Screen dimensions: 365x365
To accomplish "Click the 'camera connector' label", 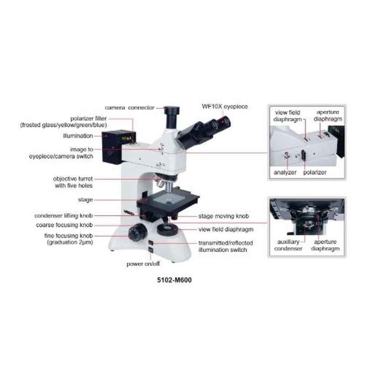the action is tap(130, 108).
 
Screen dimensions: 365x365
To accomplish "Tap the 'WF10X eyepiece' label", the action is tap(224, 107).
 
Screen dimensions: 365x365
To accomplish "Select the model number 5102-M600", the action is tap(174, 280).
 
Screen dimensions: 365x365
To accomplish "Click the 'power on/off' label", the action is tap(143, 264).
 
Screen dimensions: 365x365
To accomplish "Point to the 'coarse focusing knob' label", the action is tap(64, 225).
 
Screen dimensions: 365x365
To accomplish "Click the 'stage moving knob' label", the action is tap(224, 216).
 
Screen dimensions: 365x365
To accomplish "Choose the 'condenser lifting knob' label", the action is tap(64, 216).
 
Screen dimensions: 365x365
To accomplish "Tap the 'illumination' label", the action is tap(78, 136).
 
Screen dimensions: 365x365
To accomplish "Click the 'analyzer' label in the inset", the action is tap(285, 172).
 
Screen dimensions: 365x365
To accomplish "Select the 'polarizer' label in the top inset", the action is tap(315, 172).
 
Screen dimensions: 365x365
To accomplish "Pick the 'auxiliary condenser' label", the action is tap(288, 245).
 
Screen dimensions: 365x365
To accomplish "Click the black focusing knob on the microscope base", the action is tap(137, 232).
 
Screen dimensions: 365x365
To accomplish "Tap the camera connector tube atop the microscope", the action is tap(172, 117).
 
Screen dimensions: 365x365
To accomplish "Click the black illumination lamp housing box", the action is tap(112, 147).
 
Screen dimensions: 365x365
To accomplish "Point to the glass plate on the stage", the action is tap(167, 198).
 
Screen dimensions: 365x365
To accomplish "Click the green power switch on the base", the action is tap(151, 250).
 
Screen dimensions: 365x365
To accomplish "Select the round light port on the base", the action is tap(167, 229).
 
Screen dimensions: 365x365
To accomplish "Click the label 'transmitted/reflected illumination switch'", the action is tap(225, 246).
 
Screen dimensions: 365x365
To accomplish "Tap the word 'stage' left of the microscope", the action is tap(85, 200).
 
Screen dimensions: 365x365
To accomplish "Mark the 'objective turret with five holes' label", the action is tap(73, 182).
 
